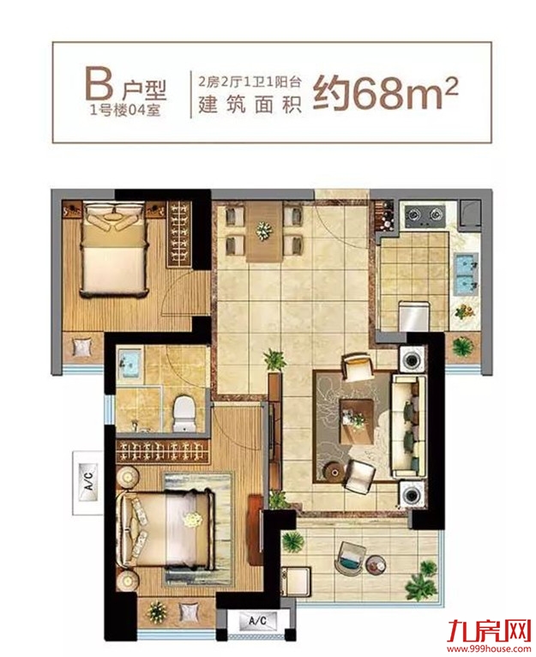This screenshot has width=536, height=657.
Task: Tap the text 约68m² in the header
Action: (386, 92)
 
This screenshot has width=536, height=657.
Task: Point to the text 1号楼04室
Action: (125, 111)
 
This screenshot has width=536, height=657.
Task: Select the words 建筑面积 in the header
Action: (250, 105)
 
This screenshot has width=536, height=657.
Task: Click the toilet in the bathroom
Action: (185, 413)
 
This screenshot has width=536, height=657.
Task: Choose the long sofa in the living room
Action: (407, 426)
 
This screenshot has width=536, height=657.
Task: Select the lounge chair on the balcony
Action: (351, 558)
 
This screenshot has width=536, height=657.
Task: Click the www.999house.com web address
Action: (490, 648)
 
